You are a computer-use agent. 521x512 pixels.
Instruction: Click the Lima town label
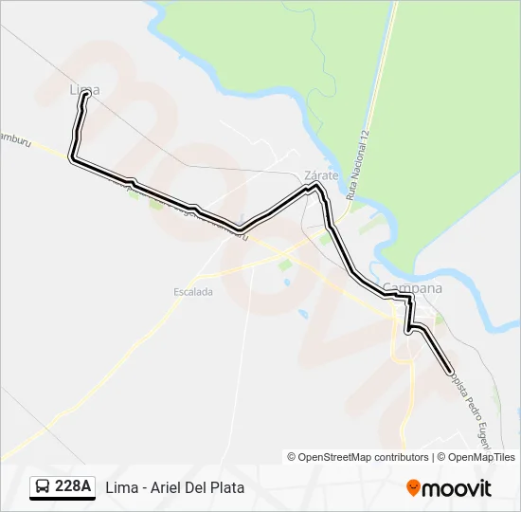tap(84, 89)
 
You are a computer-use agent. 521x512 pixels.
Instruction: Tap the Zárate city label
tap(321, 175)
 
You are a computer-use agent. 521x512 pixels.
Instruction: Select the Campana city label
tap(412, 288)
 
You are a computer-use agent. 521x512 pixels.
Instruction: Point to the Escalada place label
tap(193, 292)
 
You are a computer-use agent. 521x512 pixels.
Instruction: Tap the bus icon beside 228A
tap(43, 487)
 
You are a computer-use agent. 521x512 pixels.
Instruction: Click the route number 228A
tap(73, 487)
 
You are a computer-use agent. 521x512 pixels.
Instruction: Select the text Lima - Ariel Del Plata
tap(175, 488)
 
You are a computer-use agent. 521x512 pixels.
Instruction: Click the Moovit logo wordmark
tap(457, 488)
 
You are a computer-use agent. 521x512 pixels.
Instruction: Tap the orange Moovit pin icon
tap(413, 488)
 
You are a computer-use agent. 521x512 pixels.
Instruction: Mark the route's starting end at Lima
tap(86, 94)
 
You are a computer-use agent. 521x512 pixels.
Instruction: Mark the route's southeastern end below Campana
tap(449, 371)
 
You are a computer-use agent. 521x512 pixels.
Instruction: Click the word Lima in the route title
tap(119, 488)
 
